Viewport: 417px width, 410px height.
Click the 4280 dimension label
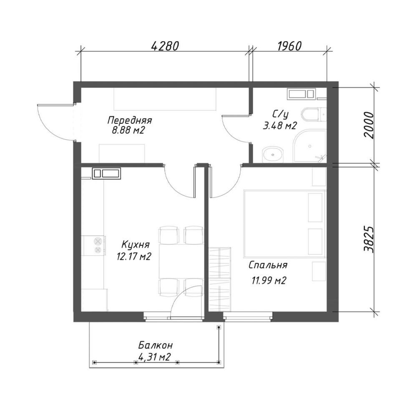pyautogui.click(x=165, y=46)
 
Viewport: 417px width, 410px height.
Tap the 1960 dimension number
pyautogui.click(x=289, y=46)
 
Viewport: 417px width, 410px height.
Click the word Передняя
pyautogui.click(x=130, y=120)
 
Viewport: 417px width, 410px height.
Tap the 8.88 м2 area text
pyautogui.click(x=128, y=131)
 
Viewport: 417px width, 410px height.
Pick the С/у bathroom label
pyautogui.click(x=280, y=115)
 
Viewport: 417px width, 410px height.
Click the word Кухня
pyautogui.click(x=136, y=245)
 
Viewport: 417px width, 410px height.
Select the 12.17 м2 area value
pyautogui.click(x=134, y=257)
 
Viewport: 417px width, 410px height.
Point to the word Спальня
pyautogui.click(x=268, y=265)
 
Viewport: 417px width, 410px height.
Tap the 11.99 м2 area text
pyautogui.click(x=269, y=280)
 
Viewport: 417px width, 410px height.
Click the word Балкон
pyautogui.click(x=155, y=346)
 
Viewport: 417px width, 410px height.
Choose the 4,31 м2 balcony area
pyautogui.click(x=155, y=357)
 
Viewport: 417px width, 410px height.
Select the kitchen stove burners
pyautogui.click(x=98, y=246)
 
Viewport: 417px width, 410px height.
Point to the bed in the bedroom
pyautogui.click(x=284, y=224)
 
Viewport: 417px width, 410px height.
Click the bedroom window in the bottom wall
pyautogui.click(x=248, y=317)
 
